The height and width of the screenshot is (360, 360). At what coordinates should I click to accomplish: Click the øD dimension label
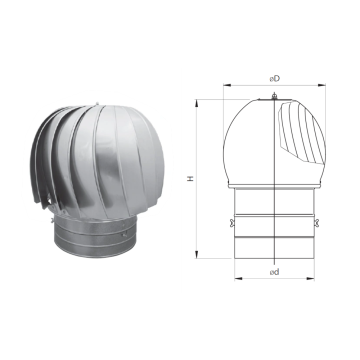275,79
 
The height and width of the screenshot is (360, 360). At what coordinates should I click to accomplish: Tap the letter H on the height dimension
191,179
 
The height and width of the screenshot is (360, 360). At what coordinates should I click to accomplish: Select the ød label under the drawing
274,272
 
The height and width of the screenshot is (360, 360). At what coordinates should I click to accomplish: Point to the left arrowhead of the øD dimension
227,85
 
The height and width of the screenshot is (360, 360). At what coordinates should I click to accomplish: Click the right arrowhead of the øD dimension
322,85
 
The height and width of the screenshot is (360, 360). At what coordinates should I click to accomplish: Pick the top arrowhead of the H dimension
197,103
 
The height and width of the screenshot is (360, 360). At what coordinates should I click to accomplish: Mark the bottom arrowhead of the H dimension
197,254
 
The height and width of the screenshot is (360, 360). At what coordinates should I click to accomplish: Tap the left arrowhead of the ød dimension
238,278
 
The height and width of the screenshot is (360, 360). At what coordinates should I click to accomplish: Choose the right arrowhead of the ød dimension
311,278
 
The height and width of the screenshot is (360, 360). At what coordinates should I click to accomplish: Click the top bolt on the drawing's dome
274,96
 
